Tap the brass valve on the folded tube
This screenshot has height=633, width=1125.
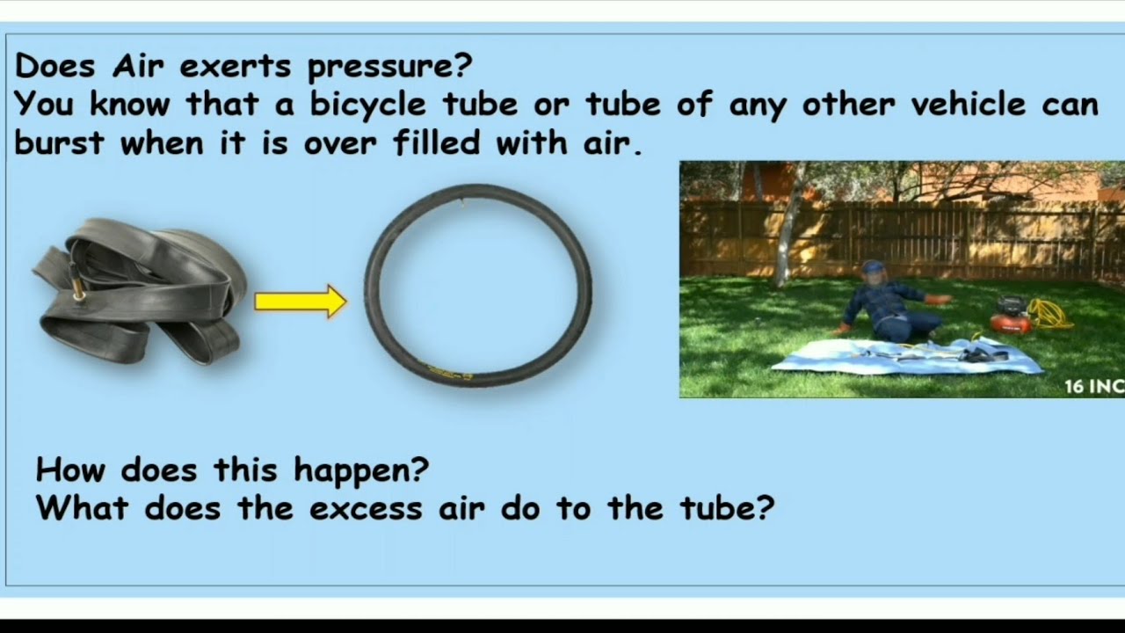(79, 289)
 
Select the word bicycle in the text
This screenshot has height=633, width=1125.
(367, 105)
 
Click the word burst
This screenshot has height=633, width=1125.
(60, 142)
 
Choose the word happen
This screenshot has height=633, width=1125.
(361, 470)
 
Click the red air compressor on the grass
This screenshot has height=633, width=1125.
(1011, 316)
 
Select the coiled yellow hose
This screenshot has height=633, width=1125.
(1050, 314)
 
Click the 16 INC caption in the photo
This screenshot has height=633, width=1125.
(1093, 386)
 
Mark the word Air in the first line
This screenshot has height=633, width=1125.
(139, 66)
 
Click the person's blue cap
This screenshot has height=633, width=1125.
(873, 266)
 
